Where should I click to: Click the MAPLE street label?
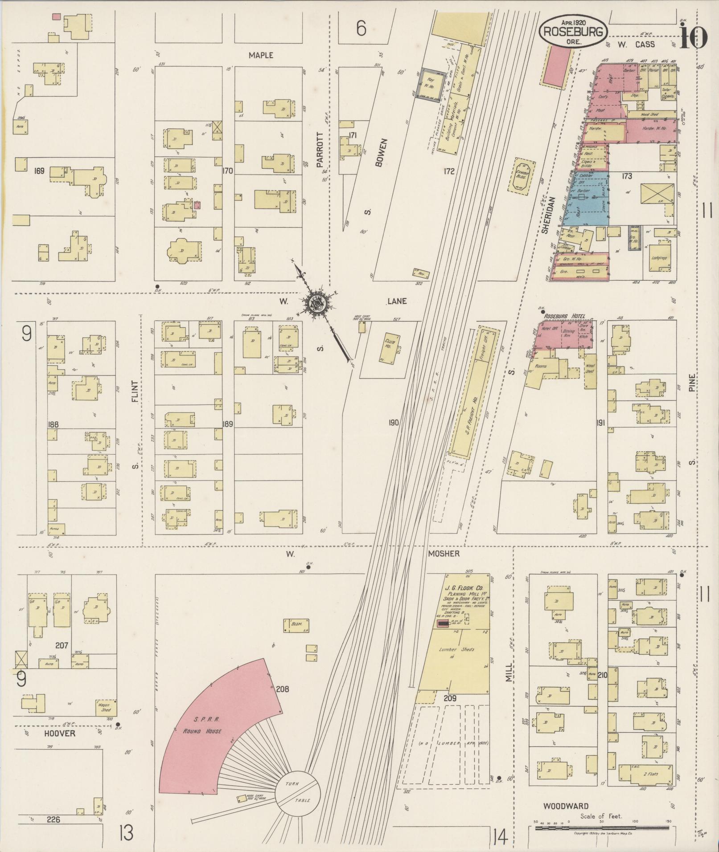[x=261, y=56]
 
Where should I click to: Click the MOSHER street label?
[x=444, y=554]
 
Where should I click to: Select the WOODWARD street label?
[x=566, y=806]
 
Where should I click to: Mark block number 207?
[x=62, y=645]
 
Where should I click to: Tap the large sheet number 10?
[x=693, y=38]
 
